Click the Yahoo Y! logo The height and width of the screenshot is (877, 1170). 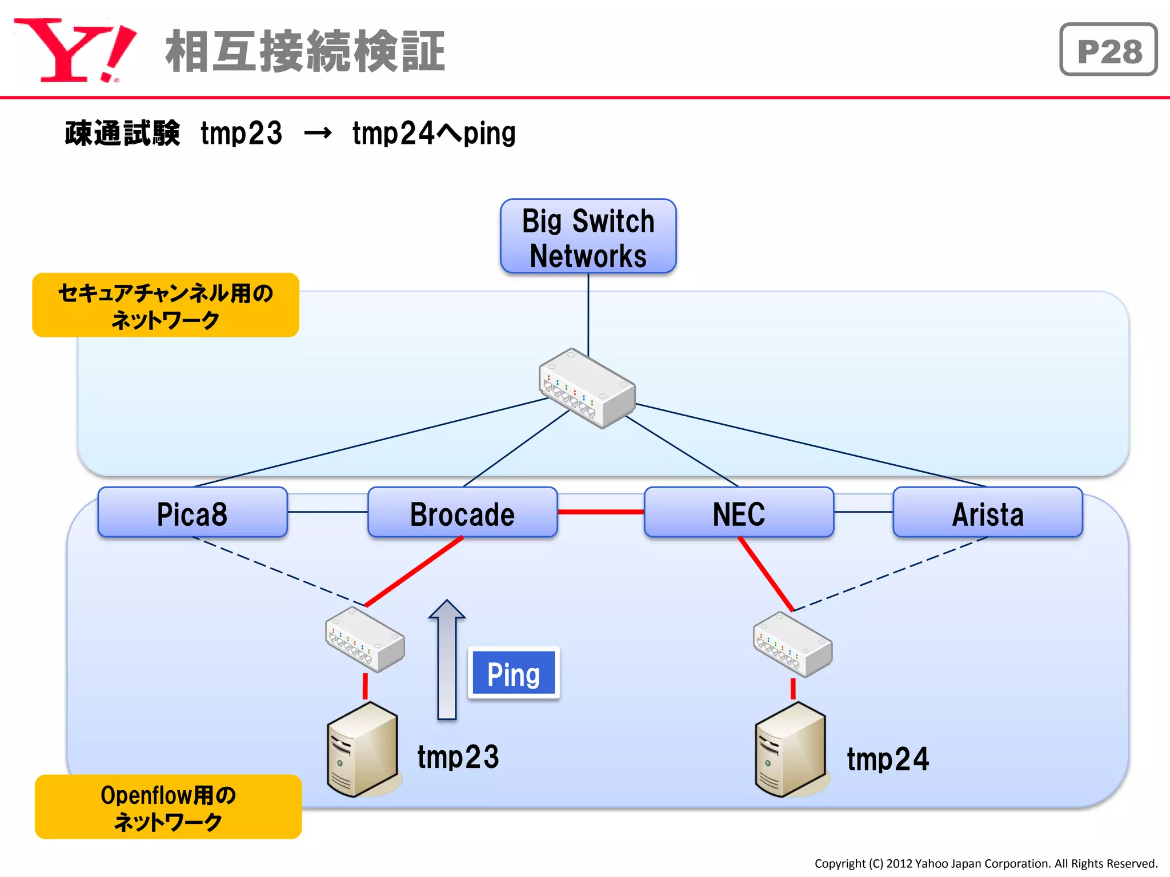coord(74,50)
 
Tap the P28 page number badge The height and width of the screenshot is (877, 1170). coord(1108,50)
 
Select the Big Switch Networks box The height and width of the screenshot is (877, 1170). coord(588,236)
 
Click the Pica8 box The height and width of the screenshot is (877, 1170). coord(193,512)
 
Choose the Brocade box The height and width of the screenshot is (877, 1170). coord(462,512)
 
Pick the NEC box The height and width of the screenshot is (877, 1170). coord(739,512)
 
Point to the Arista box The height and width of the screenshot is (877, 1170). coord(987,512)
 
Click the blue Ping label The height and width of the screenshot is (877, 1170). coord(513,673)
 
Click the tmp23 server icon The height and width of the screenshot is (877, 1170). coord(362,749)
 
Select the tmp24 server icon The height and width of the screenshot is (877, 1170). coord(791,749)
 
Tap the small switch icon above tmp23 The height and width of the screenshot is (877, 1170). coord(365,639)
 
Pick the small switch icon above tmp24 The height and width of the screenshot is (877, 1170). coord(792,644)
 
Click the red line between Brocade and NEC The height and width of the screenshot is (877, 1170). coord(600,512)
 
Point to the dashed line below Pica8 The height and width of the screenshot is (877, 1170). coord(280,571)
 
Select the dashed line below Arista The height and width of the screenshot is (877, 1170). coord(891,573)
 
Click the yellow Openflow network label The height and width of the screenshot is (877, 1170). coord(168,806)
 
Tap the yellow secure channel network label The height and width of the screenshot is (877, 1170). coord(166,305)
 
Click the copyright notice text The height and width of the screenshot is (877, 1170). coord(985,863)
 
